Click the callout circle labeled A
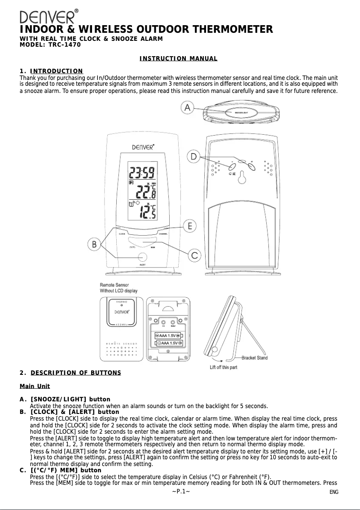click(x=189, y=108)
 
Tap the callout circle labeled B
click(x=94, y=245)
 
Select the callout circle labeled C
click(x=194, y=255)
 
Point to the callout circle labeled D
click(x=194, y=156)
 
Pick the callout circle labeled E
click(x=191, y=226)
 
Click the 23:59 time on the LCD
click(x=142, y=172)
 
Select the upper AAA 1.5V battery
click(x=167, y=335)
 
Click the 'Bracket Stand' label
click(x=255, y=358)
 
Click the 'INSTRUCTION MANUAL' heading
click(x=178, y=59)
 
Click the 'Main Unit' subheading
click(x=35, y=387)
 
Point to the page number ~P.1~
click(x=181, y=491)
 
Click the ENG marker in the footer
click(x=334, y=492)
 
